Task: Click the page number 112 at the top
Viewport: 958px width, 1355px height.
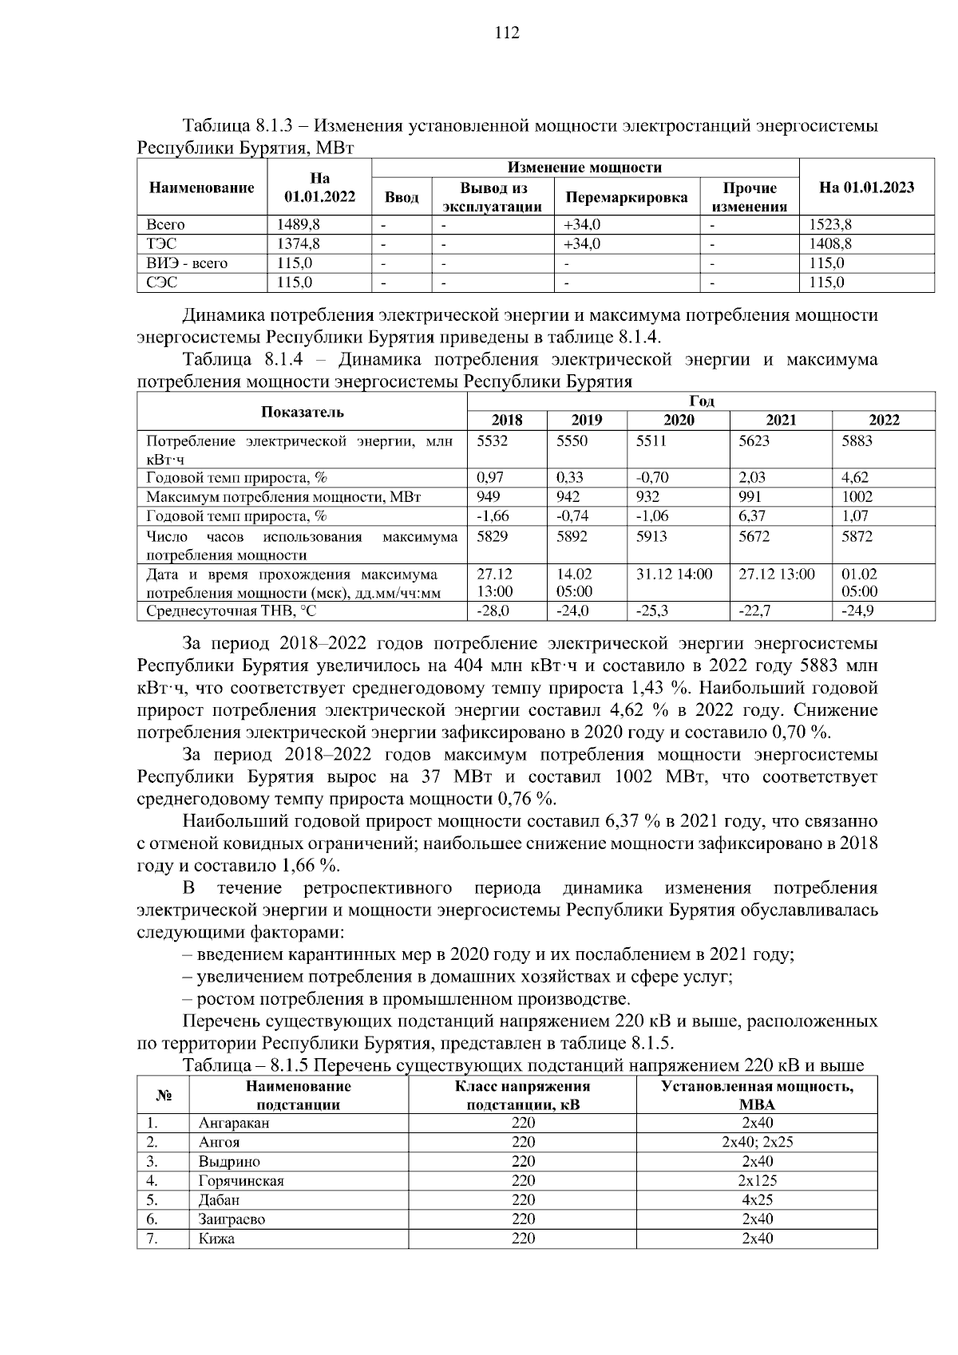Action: pos(507,33)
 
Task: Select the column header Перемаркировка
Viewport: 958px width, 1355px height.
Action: pos(626,197)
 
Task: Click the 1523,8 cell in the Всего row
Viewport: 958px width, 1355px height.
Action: pos(830,225)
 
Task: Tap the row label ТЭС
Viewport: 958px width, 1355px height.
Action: pos(162,244)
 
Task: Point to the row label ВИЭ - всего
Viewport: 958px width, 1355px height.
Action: pos(187,263)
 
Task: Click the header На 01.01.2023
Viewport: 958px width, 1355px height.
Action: pos(866,188)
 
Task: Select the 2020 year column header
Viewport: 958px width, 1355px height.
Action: pos(679,421)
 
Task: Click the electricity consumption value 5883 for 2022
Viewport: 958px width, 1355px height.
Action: pos(858,440)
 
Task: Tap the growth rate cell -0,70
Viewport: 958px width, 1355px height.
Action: pos(652,478)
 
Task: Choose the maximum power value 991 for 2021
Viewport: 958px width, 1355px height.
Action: pos(750,497)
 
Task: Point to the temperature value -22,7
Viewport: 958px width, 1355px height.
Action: pos(754,611)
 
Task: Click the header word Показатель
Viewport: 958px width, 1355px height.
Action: pos(302,412)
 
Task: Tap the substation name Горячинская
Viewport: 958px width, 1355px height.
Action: pos(241,1181)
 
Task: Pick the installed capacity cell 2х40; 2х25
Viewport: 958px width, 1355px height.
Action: pos(757,1143)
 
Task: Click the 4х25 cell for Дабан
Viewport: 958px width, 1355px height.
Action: pos(757,1200)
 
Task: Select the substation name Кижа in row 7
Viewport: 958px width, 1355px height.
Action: pos(216,1238)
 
